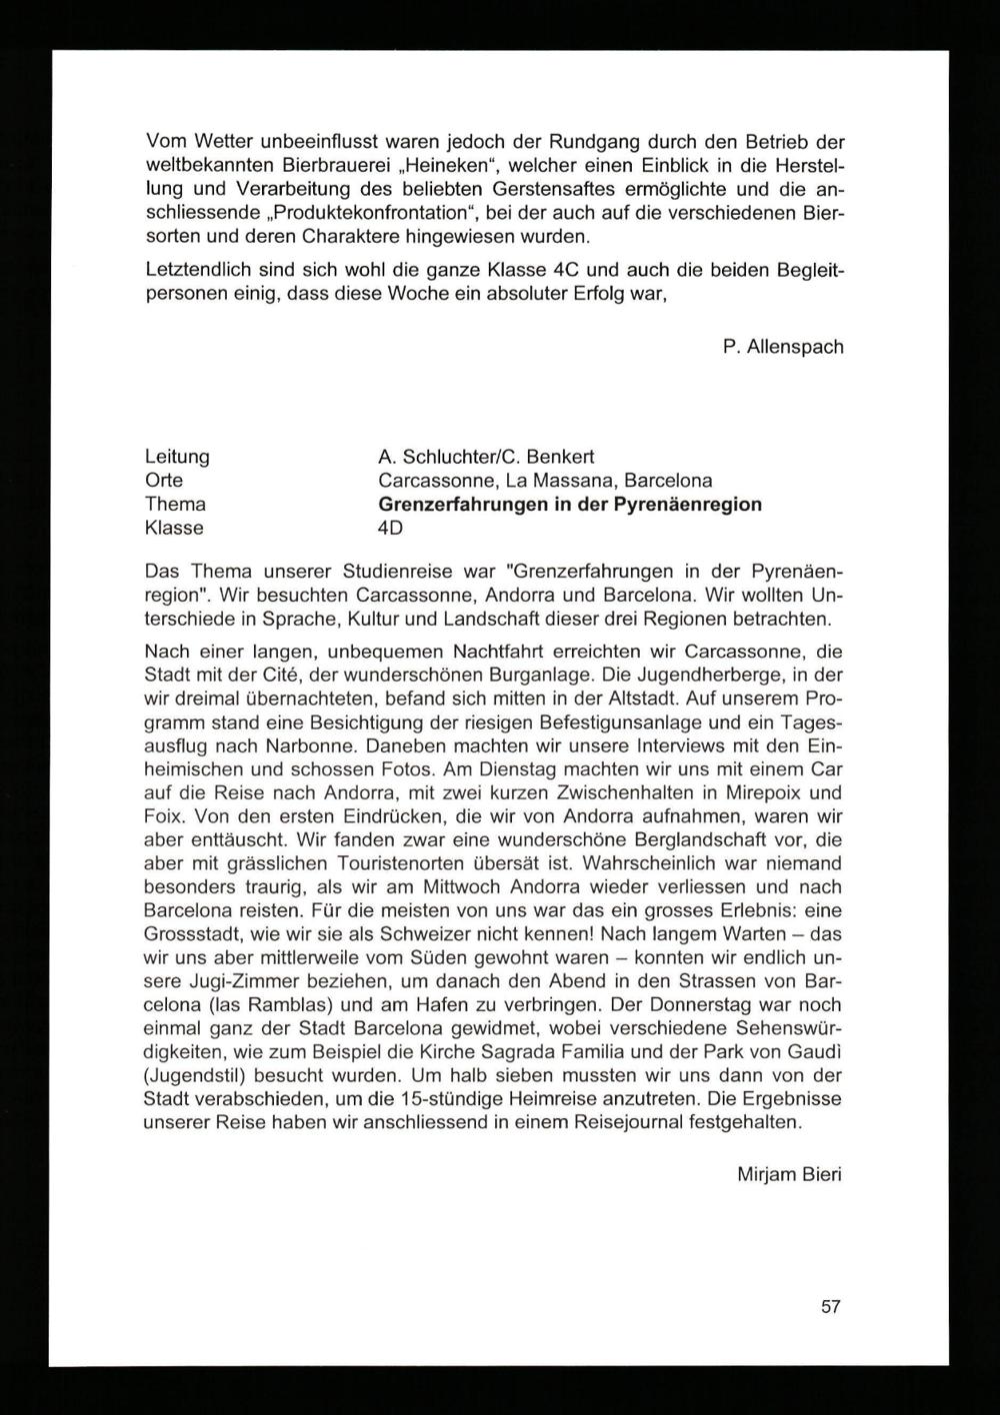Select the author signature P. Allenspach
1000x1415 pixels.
782,347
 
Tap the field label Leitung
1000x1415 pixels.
177,457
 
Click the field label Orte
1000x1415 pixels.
165,481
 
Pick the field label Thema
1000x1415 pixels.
175,504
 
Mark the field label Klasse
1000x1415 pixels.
174,528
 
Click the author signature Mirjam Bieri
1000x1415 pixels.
789,1174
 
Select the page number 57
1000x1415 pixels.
831,1306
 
